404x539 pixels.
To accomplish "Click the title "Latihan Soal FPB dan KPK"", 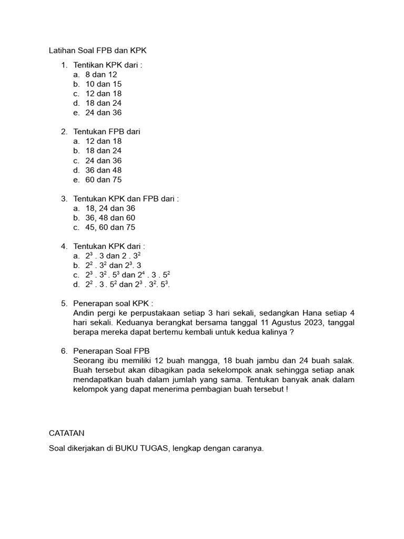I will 97,51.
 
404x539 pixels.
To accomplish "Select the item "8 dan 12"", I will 101,75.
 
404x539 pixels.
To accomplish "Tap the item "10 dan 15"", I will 104,84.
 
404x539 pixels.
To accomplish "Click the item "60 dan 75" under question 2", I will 104,179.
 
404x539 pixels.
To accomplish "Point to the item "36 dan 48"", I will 104,170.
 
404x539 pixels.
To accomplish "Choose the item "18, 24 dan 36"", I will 110,208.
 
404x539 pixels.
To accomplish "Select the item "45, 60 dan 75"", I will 110,227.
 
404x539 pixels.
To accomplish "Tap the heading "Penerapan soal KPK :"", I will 114,304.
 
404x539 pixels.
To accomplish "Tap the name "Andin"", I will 85,313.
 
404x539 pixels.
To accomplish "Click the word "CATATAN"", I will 67,433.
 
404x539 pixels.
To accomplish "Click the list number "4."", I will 64,246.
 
